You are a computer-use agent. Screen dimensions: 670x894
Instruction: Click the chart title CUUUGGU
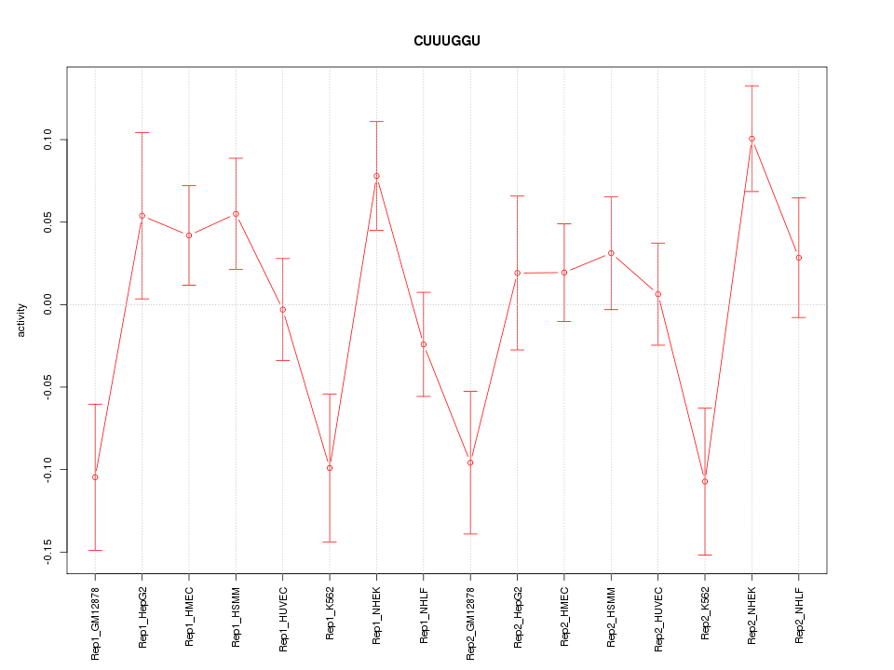tap(447, 41)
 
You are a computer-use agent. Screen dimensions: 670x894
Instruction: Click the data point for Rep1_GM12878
tap(95, 477)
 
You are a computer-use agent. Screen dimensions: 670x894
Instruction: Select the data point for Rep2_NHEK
tap(752, 139)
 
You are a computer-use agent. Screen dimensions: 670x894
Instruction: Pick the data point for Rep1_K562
tap(330, 468)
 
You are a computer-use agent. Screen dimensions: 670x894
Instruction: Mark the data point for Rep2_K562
tap(705, 481)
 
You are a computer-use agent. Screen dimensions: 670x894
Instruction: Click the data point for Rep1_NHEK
tap(376, 176)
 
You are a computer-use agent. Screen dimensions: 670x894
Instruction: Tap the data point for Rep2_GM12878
tap(470, 462)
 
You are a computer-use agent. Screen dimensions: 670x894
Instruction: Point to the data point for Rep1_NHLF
tap(424, 344)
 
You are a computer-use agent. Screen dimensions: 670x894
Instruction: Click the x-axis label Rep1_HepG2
tap(142, 616)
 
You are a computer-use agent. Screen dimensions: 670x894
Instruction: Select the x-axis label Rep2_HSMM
tap(612, 616)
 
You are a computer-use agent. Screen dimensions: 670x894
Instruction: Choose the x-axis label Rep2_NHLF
tap(799, 615)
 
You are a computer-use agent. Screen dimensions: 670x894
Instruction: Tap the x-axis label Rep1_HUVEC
tap(283, 615)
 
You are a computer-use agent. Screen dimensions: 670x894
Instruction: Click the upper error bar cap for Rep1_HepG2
tap(142, 133)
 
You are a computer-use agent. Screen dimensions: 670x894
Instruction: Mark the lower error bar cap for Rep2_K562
tap(705, 555)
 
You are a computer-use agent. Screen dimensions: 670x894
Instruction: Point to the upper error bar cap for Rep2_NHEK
tap(752, 86)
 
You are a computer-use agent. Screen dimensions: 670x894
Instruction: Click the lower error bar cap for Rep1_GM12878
tap(95, 550)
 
